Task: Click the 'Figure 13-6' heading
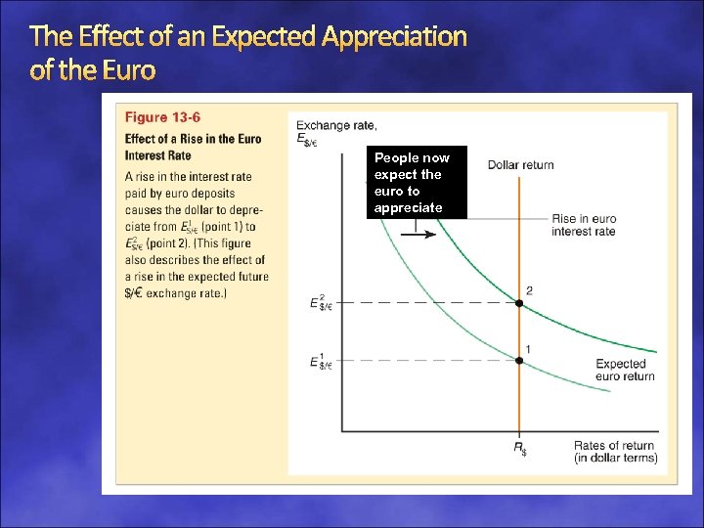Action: pyautogui.click(x=162, y=118)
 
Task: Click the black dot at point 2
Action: pyautogui.click(x=519, y=304)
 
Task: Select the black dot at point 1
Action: pyautogui.click(x=519, y=361)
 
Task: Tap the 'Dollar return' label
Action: pyautogui.click(x=520, y=164)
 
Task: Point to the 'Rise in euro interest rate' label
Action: pyautogui.click(x=583, y=225)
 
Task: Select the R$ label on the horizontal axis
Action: pyautogui.click(x=520, y=449)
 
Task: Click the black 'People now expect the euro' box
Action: pyautogui.click(x=418, y=183)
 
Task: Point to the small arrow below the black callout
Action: pyautogui.click(x=424, y=234)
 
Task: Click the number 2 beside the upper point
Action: pyautogui.click(x=529, y=290)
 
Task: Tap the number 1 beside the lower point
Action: pyautogui.click(x=529, y=348)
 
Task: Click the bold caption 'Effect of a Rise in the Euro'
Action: pyautogui.click(x=193, y=139)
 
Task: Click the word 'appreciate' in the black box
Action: pyautogui.click(x=408, y=208)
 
